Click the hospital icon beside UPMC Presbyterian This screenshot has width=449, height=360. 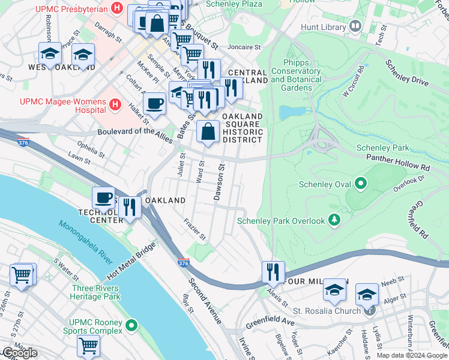pos(117,9)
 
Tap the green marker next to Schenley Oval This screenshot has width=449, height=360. pos(361,183)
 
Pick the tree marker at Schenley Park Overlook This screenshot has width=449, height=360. pos(334,221)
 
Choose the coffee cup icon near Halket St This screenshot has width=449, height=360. pos(155,103)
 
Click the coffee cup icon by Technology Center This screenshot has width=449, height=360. pos(104,197)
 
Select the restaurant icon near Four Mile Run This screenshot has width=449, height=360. pos(273,271)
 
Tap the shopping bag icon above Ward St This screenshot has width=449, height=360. pos(208,131)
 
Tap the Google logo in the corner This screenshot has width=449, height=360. pos(19,353)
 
